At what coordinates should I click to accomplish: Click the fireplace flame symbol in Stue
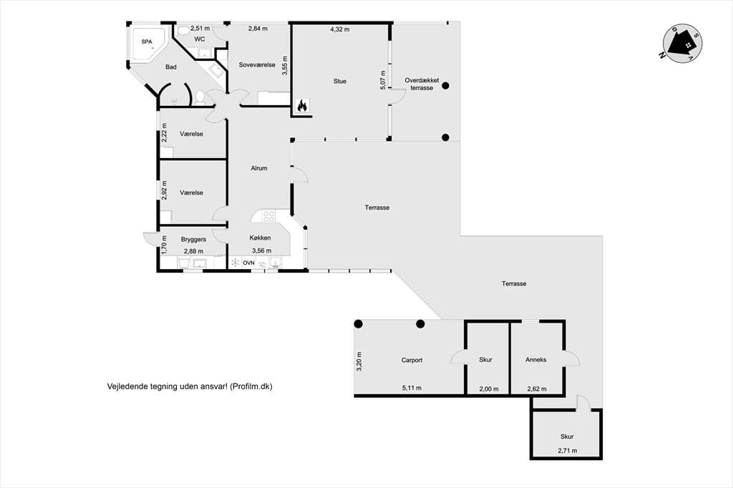pyautogui.click(x=303, y=106)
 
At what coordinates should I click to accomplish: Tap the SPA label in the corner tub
pyautogui.click(x=147, y=42)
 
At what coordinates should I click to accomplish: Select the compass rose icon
pyautogui.click(x=682, y=44)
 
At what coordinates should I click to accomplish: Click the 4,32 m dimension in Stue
pyautogui.click(x=340, y=29)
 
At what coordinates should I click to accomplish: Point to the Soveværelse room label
pyautogui.click(x=257, y=65)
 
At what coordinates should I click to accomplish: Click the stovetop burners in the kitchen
pyautogui.click(x=269, y=216)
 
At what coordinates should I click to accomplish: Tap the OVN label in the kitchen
pyautogui.click(x=248, y=263)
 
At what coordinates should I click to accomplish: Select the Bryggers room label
pyautogui.click(x=193, y=239)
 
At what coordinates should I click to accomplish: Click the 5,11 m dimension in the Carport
pyautogui.click(x=412, y=388)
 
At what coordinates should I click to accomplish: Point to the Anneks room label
pyautogui.click(x=535, y=359)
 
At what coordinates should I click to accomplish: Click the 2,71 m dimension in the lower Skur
pyautogui.click(x=568, y=451)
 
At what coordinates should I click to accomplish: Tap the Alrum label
pyautogui.click(x=259, y=168)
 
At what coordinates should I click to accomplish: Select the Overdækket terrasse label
pyautogui.click(x=422, y=84)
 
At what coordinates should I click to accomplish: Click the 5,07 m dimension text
pyautogui.click(x=383, y=80)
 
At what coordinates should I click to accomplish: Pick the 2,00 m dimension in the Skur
pyautogui.click(x=489, y=389)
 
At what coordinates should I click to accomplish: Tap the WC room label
pyautogui.click(x=200, y=39)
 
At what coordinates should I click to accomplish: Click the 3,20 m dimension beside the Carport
pyautogui.click(x=359, y=361)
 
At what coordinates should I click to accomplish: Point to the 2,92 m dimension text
pyautogui.click(x=164, y=190)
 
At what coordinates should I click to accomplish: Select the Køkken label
pyautogui.click(x=260, y=238)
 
